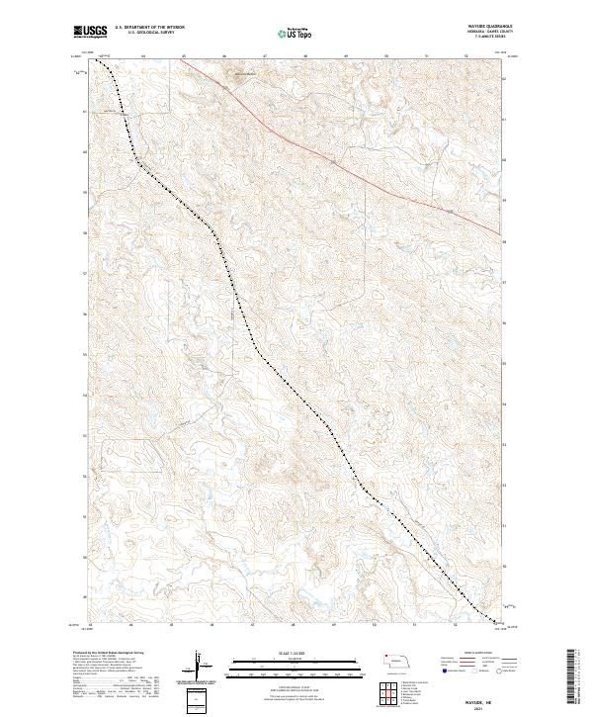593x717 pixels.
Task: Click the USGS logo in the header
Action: pyautogui.click(x=91, y=32)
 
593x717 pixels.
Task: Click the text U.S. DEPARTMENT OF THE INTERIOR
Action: pyautogui.click(x=149, y=29)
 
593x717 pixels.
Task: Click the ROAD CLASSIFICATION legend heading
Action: pyautogui.click(x=465, y=653)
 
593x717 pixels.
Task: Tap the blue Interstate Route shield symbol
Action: pyautogui.click(x=439, y=672)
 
